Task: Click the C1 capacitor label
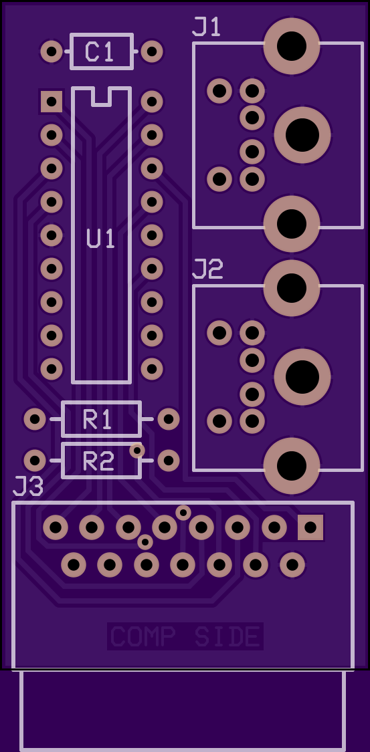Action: [x=99, y=51]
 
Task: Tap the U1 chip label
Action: [x=101, y=239]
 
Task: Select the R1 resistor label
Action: [x=98, y=420]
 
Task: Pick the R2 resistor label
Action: [x=98, y=461]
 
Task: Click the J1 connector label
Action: [x=206, y=27]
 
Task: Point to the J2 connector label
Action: [x=208, y=269]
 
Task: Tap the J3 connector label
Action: [x=28, y=487]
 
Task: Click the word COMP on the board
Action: [x=143, y=636]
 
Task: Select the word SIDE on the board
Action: [x=227, y=636]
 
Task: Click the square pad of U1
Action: [x=52, y=102]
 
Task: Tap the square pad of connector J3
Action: [x=310, y=527]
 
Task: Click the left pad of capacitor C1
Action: [x=52, y=51]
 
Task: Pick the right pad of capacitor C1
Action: [x=152, y=51]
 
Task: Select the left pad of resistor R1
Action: [x=35, y=420]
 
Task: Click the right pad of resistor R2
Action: [x=169, y=461]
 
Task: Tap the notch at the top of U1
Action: [x=101, y=96]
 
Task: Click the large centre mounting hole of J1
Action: [x=302, y=135]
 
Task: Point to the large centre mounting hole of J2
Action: [x=302, y=377]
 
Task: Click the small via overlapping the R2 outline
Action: [x=136, y=451]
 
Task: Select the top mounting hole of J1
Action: [x=292, y=46]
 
